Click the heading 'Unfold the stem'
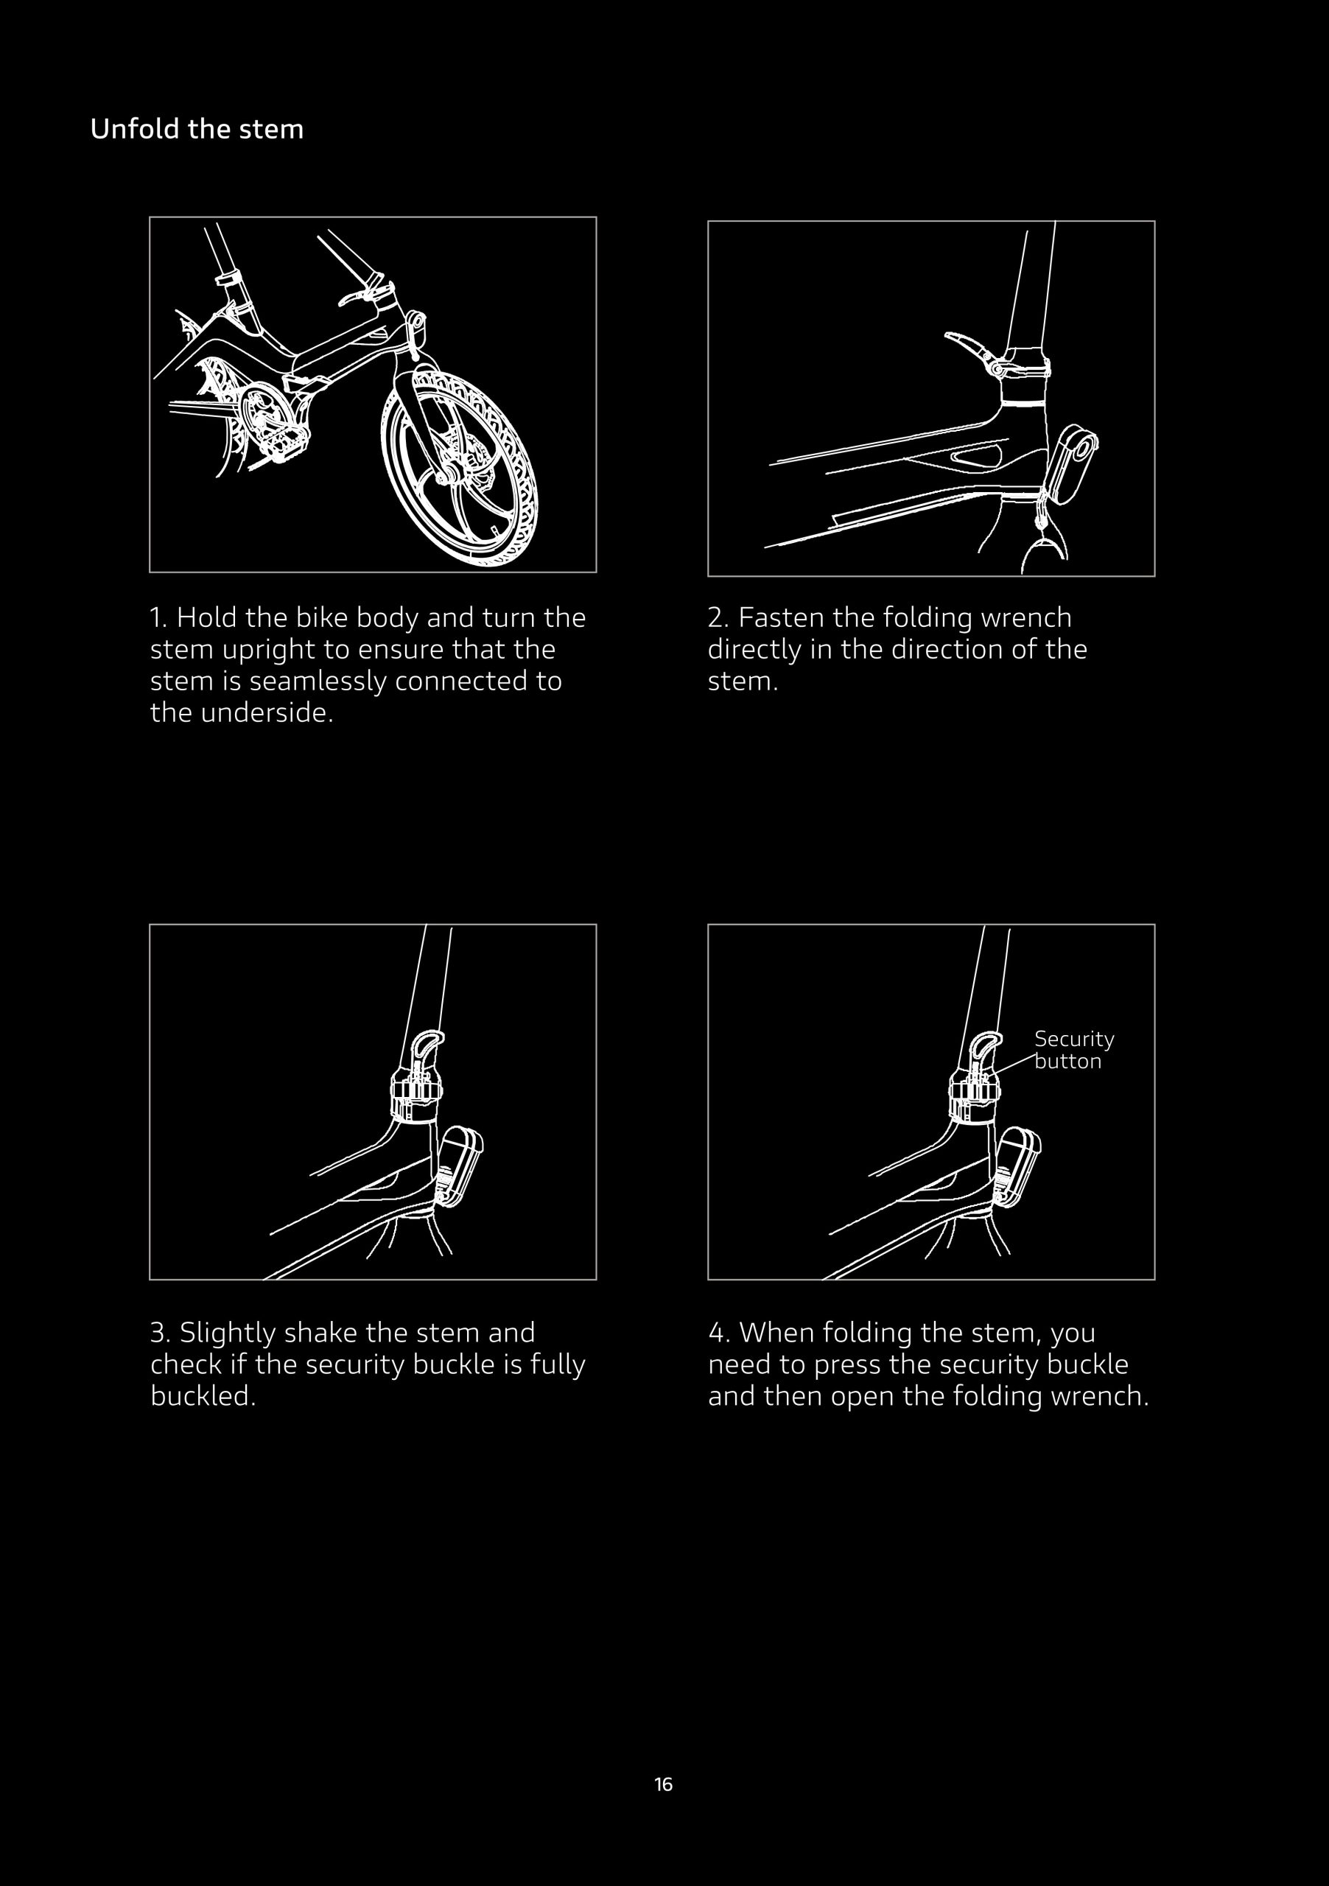coord(197,129)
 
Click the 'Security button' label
coord(1074,1050)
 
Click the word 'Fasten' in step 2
coord(781,617)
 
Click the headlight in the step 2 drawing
coord(1072,464)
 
